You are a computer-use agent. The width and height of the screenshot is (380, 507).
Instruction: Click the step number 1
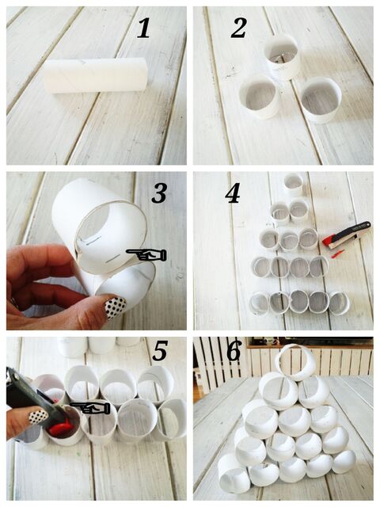(x=144, y=29)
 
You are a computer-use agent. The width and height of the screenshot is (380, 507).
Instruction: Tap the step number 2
(x=239, y=28)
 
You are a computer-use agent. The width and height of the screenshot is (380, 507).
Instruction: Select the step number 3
(x=160, y=193)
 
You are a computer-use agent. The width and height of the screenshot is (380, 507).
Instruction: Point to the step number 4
(x=233, y=194)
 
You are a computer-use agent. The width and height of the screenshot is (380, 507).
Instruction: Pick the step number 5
(x=160, y=350)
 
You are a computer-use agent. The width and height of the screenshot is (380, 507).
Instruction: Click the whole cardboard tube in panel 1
(x=97, y=76)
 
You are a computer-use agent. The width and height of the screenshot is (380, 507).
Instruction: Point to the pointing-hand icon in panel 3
(x=146, y=255)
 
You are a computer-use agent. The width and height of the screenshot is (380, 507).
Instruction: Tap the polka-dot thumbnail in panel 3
(x=115, y=308)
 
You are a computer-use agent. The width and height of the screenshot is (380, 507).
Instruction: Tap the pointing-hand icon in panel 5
(x=90, y=409)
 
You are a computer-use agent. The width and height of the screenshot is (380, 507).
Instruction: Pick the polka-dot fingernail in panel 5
(x=39, y=417)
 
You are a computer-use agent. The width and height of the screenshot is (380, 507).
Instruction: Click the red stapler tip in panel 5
(x=60, y=426)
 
